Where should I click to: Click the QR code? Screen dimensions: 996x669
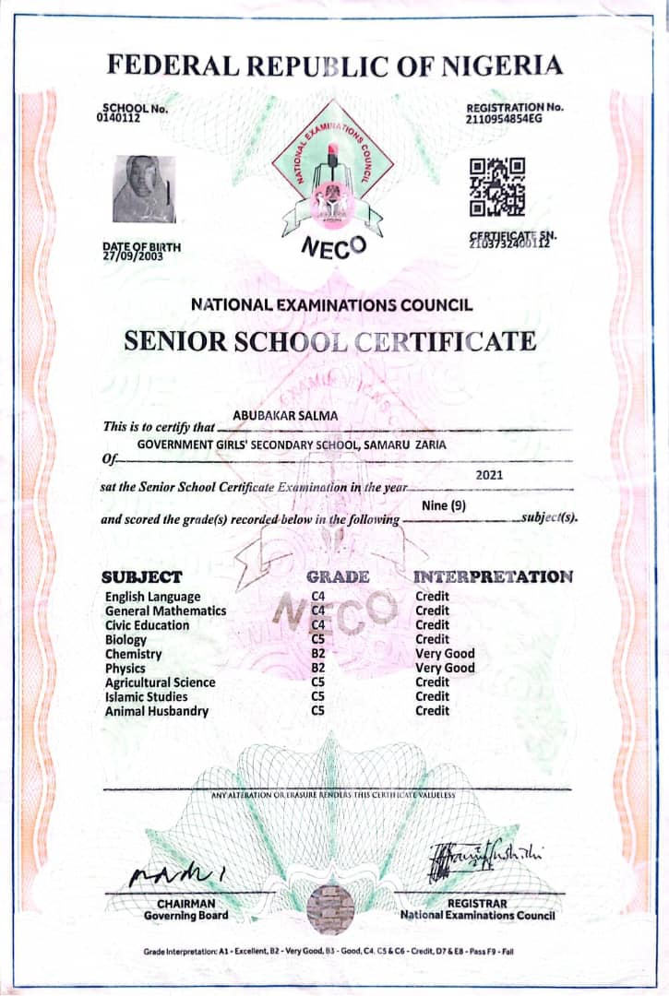[x=497, y=184]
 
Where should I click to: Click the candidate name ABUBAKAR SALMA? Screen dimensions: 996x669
[x=285, y=416]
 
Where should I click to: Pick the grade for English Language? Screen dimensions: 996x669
[x=318, y=597]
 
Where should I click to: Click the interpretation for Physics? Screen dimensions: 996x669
[x=445, y=668]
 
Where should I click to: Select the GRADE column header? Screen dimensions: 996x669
[x=338, y=577]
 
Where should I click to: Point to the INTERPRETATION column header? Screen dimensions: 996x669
[x=494, y=577]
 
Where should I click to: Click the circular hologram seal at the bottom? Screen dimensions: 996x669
[x=330, y=908]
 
